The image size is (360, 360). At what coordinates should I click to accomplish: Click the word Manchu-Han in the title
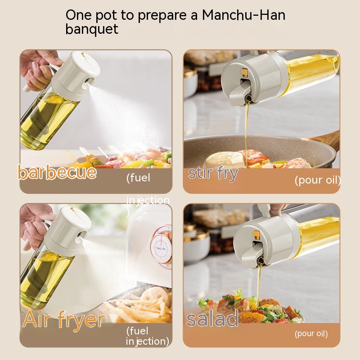tap(243, 15)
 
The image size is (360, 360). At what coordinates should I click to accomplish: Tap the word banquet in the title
tap(92, 29)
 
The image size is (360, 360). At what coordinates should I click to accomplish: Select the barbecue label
tap(57, 172)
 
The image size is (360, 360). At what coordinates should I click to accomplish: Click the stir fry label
tap(213, 173)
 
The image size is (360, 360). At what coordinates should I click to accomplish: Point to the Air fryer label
tap(63, 320)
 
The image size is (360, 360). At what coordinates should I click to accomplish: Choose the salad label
tap(212, 319)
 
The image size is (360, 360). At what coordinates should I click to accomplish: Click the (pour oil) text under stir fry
tap(317, 180)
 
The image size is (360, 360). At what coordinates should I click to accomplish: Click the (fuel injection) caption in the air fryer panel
tap(147, 336)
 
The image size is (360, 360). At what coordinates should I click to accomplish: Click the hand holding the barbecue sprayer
tap(38, 67)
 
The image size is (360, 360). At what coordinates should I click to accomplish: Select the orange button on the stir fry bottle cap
tap(245, 72)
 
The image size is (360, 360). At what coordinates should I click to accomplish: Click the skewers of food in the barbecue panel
tap(130, 159)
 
